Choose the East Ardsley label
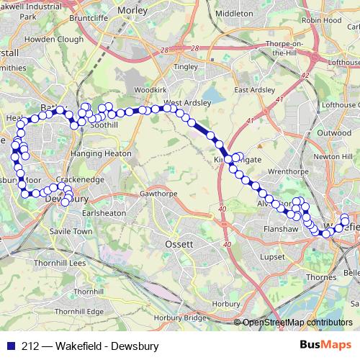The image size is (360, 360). pos(251,90)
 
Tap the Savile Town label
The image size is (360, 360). pos(68,232)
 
